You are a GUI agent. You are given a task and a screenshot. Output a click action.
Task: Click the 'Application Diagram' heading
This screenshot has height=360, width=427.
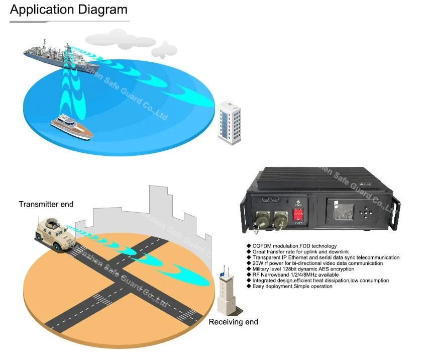click(x=69, y=10)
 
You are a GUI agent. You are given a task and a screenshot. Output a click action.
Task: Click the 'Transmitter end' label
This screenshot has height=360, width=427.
click(x=46, y=204)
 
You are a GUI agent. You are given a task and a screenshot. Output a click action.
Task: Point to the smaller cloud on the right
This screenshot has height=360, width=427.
click(x=164, y=49)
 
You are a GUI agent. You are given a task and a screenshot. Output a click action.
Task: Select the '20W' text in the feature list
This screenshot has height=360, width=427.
click(x=258, y=263)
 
